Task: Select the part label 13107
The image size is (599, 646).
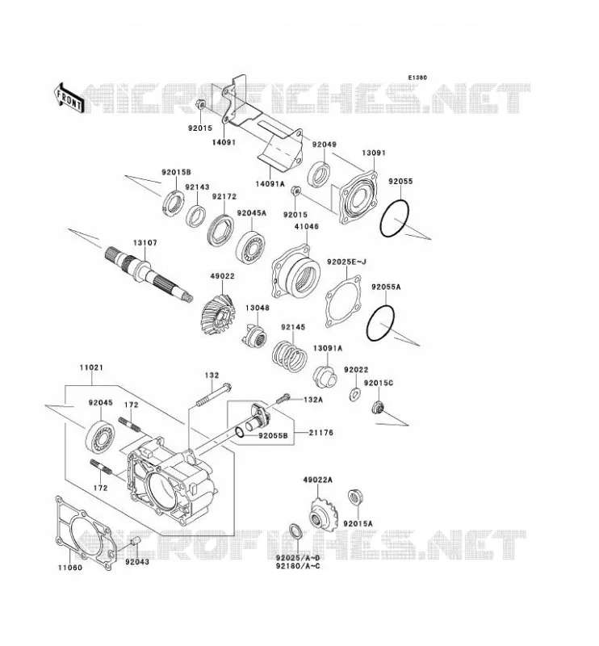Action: pyautogui.click(x=145, y=243)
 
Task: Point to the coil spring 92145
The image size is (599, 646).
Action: pyautogui.click(x=289, y=354)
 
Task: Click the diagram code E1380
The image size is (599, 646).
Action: pyautogui.click(x=417, y=78)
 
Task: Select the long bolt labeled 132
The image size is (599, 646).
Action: pyautogui.click(x=214, y=395)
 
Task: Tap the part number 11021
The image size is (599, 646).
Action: pyautogui.click(x=91, y=367)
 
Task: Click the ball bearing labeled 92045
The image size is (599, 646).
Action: pyautogui.click(x=100, y=436)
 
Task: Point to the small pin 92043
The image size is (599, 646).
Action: pyautogui.click(x=136, y=542)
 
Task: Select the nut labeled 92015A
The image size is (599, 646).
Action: pyautogui.click(x=354, y=498)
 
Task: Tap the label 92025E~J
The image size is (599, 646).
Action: pyautogui.click(x=346, y=262)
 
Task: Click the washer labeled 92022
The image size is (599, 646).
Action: pyautogui.click(x=354, y=394)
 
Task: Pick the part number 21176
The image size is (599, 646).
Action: pyautogui.click(x=321, y=433)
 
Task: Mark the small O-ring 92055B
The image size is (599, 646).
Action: pyautogui.click(x=239, y=432)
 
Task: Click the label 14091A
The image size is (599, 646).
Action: pyautogui.click(x=270, y=184)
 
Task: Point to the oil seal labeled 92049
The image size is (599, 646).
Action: pyautogui.click(x=319, y=175)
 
